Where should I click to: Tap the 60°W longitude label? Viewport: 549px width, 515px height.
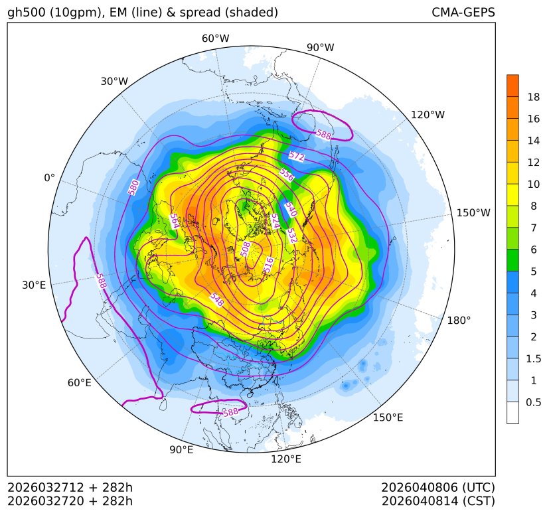coord(215,38)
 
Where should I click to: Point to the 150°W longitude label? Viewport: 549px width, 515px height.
coord(473,213)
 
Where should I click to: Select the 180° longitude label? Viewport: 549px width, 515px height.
coord(459,321)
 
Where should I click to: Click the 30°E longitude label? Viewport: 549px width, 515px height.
coord(34,285)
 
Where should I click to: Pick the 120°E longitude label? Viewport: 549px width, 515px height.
coord(286,459)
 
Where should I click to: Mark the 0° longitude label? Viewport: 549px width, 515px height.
coord(49,178)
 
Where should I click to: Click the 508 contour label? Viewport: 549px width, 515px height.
coord(246,249)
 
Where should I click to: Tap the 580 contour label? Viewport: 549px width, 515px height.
coord(133,187)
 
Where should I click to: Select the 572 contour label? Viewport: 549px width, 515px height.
coord(297,157)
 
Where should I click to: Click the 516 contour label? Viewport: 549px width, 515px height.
coord(268,264)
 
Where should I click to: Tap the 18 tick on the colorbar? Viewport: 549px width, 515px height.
coord(533,98)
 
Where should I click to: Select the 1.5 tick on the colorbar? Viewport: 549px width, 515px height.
coord(533,358)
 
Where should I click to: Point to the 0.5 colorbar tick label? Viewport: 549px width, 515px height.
coord(533,402)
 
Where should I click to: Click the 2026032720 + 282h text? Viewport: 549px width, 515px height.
coord(70,500)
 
